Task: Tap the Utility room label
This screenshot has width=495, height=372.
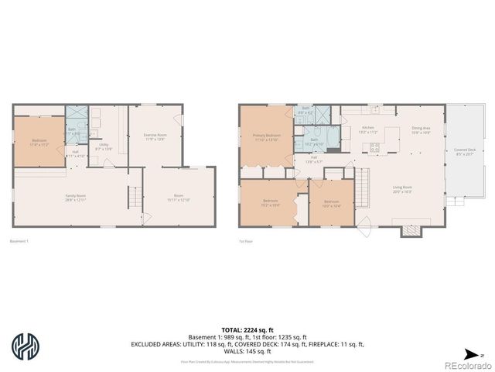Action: coord(103,146)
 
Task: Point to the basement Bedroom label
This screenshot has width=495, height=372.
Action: coord(39,142)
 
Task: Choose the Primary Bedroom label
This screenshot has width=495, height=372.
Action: coord(266,137)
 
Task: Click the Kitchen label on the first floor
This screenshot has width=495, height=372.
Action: coord(368,129)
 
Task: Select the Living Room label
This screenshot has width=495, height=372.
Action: coord(402,188)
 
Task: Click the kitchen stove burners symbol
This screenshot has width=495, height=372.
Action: coord(376,146)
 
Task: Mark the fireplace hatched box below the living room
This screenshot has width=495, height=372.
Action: coord(409,230)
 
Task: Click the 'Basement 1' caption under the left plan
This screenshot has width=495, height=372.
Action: coord(19,243)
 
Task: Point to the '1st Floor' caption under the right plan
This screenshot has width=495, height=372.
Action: coord(246,243)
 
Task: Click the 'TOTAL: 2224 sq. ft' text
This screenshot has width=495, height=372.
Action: coord(247,329)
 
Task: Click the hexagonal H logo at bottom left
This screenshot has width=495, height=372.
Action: coord(26,346)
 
